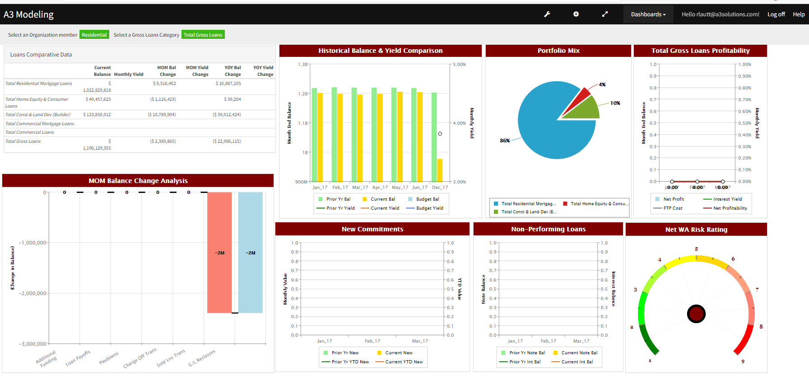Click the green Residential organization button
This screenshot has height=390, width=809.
[94, 35]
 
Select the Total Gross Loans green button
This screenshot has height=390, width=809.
[203, 35]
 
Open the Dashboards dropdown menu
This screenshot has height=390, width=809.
[648, 14]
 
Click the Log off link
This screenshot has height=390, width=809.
[776, 14]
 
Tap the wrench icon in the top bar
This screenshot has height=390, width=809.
[547, 14]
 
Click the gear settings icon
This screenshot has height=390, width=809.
[576, 14]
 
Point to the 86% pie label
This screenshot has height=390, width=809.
[505, 141]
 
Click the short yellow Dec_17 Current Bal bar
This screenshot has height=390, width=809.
[440, 170]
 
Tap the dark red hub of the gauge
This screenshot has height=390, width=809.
[696, 314]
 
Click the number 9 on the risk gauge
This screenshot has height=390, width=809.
[743, 362]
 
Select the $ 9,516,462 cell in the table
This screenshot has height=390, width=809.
[164, 84]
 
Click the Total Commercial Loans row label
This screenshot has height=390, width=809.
[29, 132]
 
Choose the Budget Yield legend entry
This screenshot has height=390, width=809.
[429, 208]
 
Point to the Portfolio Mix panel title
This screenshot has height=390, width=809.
[558, 51]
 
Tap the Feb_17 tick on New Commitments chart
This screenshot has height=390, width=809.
[372, 341]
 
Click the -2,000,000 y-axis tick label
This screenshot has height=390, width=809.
[33, 293]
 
